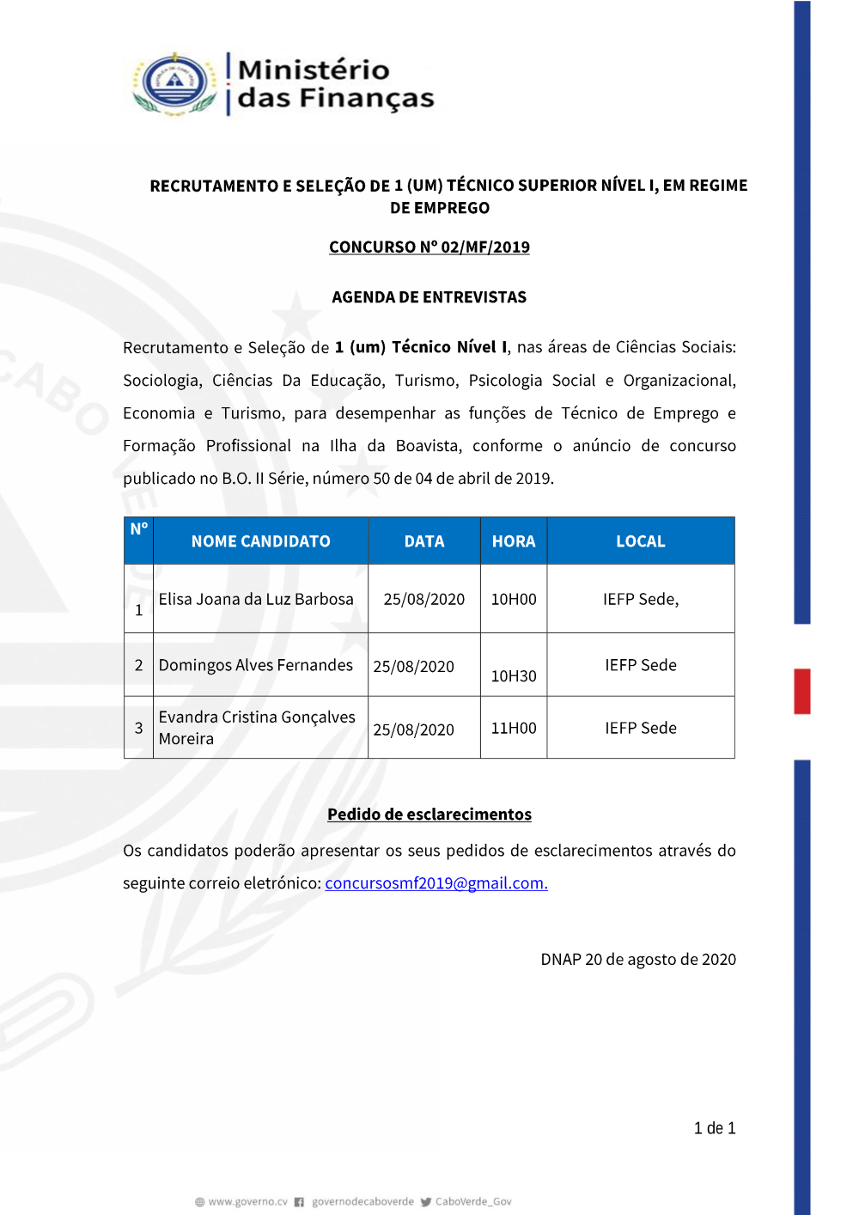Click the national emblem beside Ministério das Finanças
coord(175,83)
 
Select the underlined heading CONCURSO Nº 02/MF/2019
coord(429,247)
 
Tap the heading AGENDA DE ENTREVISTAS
coord(429,297)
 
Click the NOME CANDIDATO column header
coord(260,541)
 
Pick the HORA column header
coord(514,541)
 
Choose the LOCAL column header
coord(640,541)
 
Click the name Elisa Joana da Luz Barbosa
coord(256,599)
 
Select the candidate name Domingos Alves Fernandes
coord(255,665)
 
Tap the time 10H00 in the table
coord(514,599)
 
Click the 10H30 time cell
coord(514,676)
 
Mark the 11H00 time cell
coord(514,728)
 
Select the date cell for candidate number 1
coord(423,599)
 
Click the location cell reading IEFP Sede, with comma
coord(640,599)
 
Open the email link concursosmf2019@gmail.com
coord(436,883)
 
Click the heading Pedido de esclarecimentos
coord(429,815)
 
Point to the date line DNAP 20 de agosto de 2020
coord(637,960)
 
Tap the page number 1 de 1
coord(714,1128)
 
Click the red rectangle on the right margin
coord(801,691)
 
